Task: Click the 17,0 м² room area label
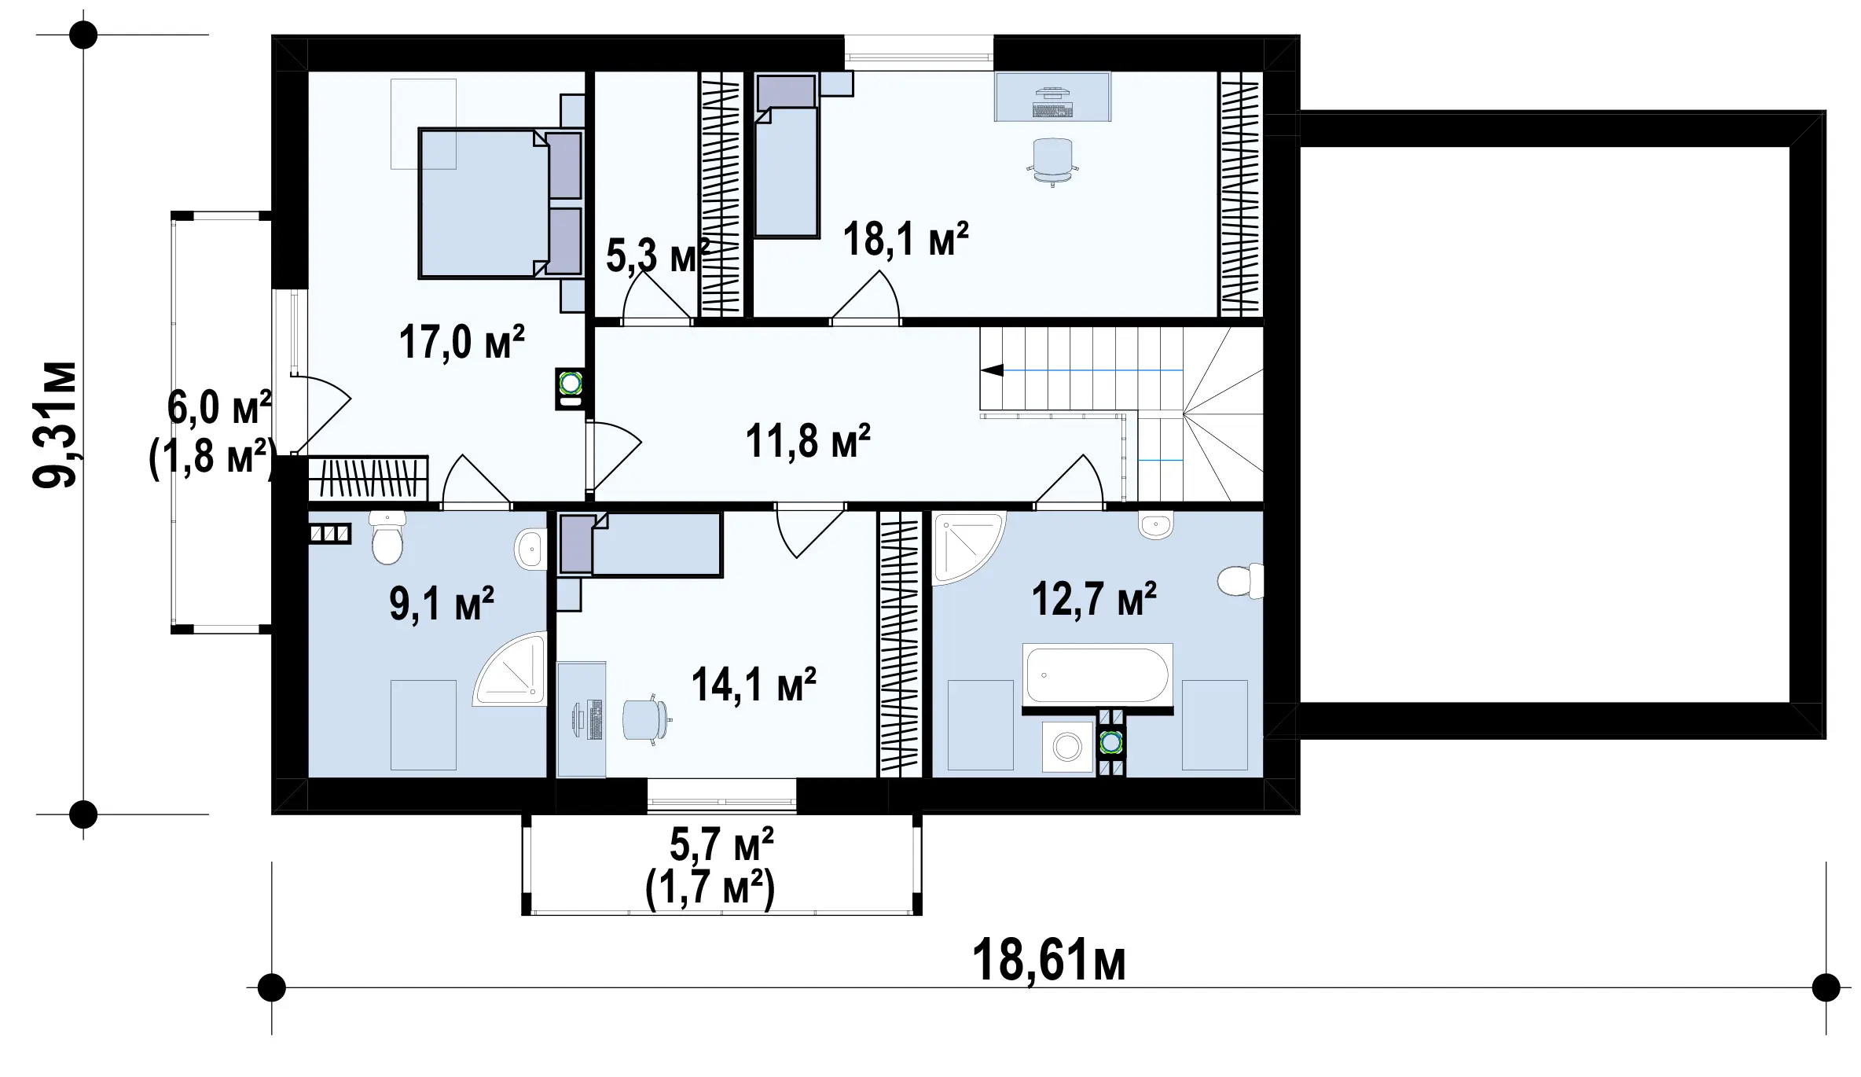pos(461,342)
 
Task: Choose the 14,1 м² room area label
pos(754,684)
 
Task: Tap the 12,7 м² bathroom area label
pos(1093,600)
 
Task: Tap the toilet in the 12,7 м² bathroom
pos(1240,581)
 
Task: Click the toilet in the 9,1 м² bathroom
pos(387,537)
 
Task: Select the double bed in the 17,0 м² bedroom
pos(501,204)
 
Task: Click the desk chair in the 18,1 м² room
pos(1052,160)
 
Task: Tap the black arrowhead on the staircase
pos(992,369)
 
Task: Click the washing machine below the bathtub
pos(1067,747)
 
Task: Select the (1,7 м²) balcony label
pos(710,889)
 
